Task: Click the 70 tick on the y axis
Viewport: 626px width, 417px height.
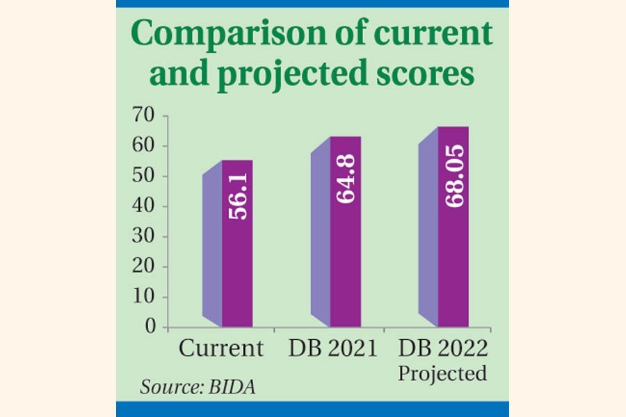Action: tap(145, 116)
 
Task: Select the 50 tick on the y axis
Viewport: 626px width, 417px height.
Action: tap(145, 177)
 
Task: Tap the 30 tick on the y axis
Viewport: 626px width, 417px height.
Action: tap(145, 237)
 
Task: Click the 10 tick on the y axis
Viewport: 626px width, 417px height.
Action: tap(145, 297)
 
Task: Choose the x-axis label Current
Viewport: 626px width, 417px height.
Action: tap(221, 348)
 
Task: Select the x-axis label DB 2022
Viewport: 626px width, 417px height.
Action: tap(442, 348)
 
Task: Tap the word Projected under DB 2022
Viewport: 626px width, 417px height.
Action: tap(442, 373)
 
